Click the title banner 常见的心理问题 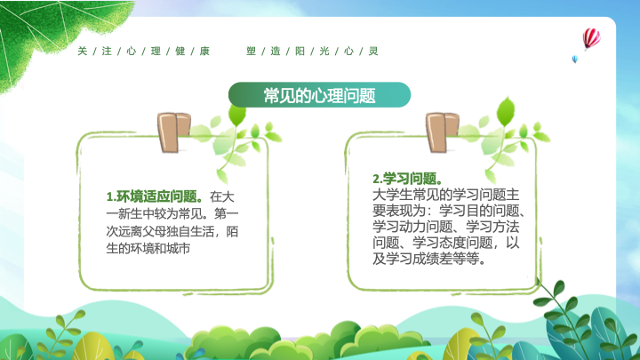point(319,95)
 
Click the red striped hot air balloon point(591,39)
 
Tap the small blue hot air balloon point(575,60)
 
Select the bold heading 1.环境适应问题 point(155,196)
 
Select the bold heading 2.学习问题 point(407,179)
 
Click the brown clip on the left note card point(173,132)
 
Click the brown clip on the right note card point(442,132)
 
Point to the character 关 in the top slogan point(83,51)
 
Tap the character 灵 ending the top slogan point(373,51)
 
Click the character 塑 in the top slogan point(251,51)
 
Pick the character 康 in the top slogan point(204,51)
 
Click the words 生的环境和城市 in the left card point(148,248)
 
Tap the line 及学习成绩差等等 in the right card point(429,259)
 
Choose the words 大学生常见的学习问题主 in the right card point(445,195)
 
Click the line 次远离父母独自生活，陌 point(172,231)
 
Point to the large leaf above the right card point(506,111)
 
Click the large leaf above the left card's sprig point(236,115)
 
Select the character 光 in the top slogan point(324,51)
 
